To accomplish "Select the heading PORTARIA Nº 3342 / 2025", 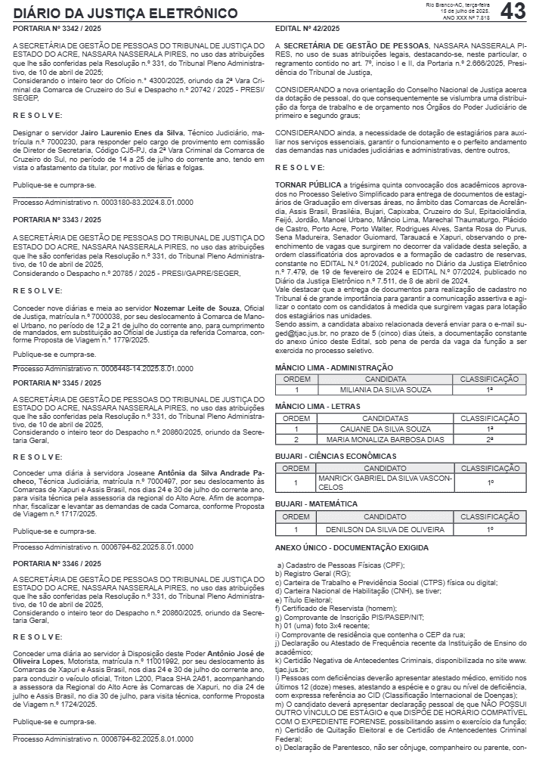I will pyautogui.click(x=57, y=29).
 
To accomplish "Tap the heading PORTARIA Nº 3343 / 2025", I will pyautogui.click(x=57, y=219).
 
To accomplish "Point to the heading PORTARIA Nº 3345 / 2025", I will pyautogui.click(x=57, y=383).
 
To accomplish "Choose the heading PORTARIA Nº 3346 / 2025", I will pyautogui.click(x=57, y=563).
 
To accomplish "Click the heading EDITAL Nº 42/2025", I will pyautogui.click(x=307, y=29).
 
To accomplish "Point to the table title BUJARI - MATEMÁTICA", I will pyautogui.click(x=317, y=503).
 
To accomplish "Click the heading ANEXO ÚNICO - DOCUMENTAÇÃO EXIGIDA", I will pyautogui.click(x=352, y=547).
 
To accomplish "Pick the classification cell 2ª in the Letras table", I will pyautogui.click(x=489, y=439).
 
